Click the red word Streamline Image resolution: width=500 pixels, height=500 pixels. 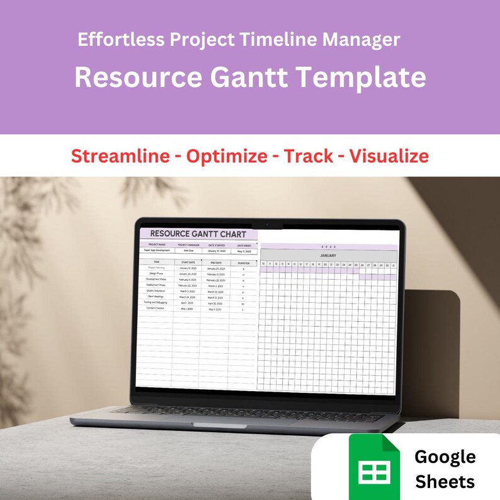(119, 156)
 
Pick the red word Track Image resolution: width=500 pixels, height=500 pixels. (308, 156)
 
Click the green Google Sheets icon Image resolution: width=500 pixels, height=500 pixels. (374, 469)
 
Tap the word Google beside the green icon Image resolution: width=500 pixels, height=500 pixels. (445, 457)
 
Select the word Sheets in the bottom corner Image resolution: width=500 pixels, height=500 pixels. (445, 482)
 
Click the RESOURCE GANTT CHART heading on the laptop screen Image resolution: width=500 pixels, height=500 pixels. (198, 234)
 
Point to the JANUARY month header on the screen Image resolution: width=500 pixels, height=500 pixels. (328, 256)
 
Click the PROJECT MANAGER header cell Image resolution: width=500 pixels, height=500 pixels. (188, 244)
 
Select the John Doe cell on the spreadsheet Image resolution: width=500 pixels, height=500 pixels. (188, 251)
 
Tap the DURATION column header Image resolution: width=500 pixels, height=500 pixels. (242, 263)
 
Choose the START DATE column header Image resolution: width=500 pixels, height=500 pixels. (188, 263)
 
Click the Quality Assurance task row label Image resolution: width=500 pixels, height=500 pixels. (156, 291)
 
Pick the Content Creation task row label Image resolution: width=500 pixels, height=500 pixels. (156, 308)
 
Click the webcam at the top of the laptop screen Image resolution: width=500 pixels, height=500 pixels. (267, 224)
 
